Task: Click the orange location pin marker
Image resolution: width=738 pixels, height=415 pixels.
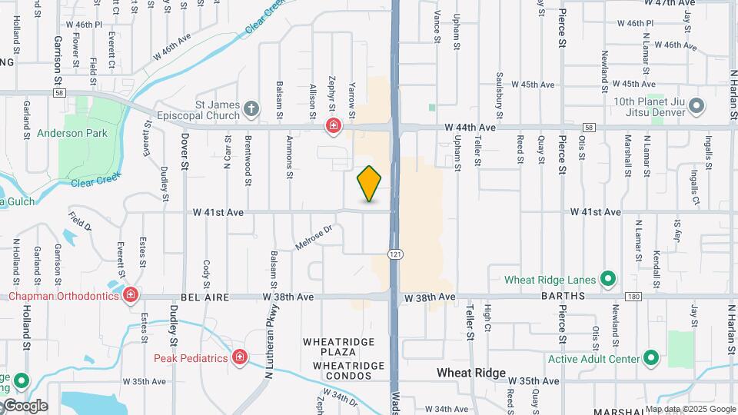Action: pyautogui.click(x=370, y=184)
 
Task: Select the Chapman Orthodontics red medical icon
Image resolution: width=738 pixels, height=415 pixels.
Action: pyautogui.click(x=131, y=294)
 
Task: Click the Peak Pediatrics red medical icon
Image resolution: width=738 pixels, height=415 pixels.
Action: pyautogui.click(x=240, y=357)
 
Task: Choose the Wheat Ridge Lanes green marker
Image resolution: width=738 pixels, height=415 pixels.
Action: pyautogui.click(x=608, y=279)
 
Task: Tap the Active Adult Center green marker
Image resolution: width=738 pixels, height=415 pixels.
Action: pyautogui.click(x=651, y=358)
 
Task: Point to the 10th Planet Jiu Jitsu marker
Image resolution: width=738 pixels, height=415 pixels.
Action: pyautogui.click(x=696, y=105)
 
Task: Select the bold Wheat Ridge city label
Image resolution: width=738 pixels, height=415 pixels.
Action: pyautogui.click(x=471, y=373)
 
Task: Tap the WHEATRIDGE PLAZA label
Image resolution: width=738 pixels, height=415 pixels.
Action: pyautogui.click(x=338, y=347)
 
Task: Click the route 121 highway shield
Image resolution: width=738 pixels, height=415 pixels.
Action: pyautogui.click(x=394, y=254)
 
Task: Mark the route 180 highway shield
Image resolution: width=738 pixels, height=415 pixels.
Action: pyautogui.click(x=633, y=296)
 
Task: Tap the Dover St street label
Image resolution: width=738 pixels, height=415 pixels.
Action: pyautogui.click(x=184, y=151)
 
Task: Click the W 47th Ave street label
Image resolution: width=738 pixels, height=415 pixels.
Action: pyautogui.click(x=670, y=4)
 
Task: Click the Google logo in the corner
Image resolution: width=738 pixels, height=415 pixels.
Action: pyautogui.click(x=25, y=406)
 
